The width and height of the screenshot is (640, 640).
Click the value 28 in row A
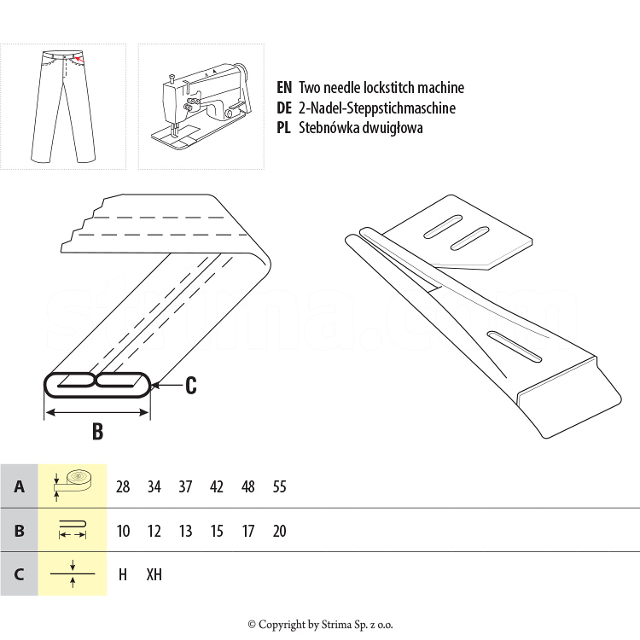123,486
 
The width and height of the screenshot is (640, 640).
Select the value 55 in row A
280,486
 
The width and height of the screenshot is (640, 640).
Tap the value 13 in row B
185,531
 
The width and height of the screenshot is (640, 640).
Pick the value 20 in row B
280,531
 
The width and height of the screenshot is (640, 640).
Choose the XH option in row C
154,574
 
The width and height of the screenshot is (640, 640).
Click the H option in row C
122,574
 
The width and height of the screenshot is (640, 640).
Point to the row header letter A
19,486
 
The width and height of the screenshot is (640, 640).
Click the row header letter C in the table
19,574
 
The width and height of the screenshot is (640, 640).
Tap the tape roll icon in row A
73,486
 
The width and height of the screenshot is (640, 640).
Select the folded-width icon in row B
73,529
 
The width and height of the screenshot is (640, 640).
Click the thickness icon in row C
73,574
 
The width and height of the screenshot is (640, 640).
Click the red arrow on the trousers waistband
80,60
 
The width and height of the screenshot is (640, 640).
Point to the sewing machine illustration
200,106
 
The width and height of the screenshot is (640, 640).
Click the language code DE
284,108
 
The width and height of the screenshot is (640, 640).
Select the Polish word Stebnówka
329,128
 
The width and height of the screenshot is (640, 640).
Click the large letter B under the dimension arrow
97,432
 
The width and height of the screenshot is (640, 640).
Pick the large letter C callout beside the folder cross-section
190,386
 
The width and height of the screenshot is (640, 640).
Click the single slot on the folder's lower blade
515,346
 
